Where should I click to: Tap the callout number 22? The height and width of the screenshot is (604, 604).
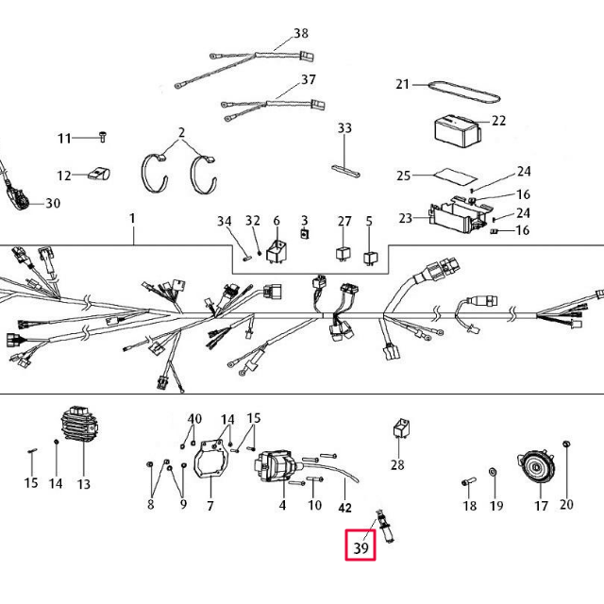pos(499,121)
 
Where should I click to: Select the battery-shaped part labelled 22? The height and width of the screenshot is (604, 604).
pos(457,129)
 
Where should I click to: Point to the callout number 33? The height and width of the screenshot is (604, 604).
pos(344,128)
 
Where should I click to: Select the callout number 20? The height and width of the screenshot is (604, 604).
pos(566,504)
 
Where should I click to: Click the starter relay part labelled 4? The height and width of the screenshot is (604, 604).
pos(275,466)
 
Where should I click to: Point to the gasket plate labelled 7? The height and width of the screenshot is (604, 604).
pos(212,464)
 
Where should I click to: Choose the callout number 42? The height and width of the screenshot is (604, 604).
pos(345,507)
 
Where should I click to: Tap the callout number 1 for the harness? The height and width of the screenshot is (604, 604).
pos(132,219)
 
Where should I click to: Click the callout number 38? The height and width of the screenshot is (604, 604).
pos(301,34)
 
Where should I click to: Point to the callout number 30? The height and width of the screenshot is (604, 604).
pos(53,203)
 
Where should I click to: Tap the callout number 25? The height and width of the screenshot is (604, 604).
pos(403,176)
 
